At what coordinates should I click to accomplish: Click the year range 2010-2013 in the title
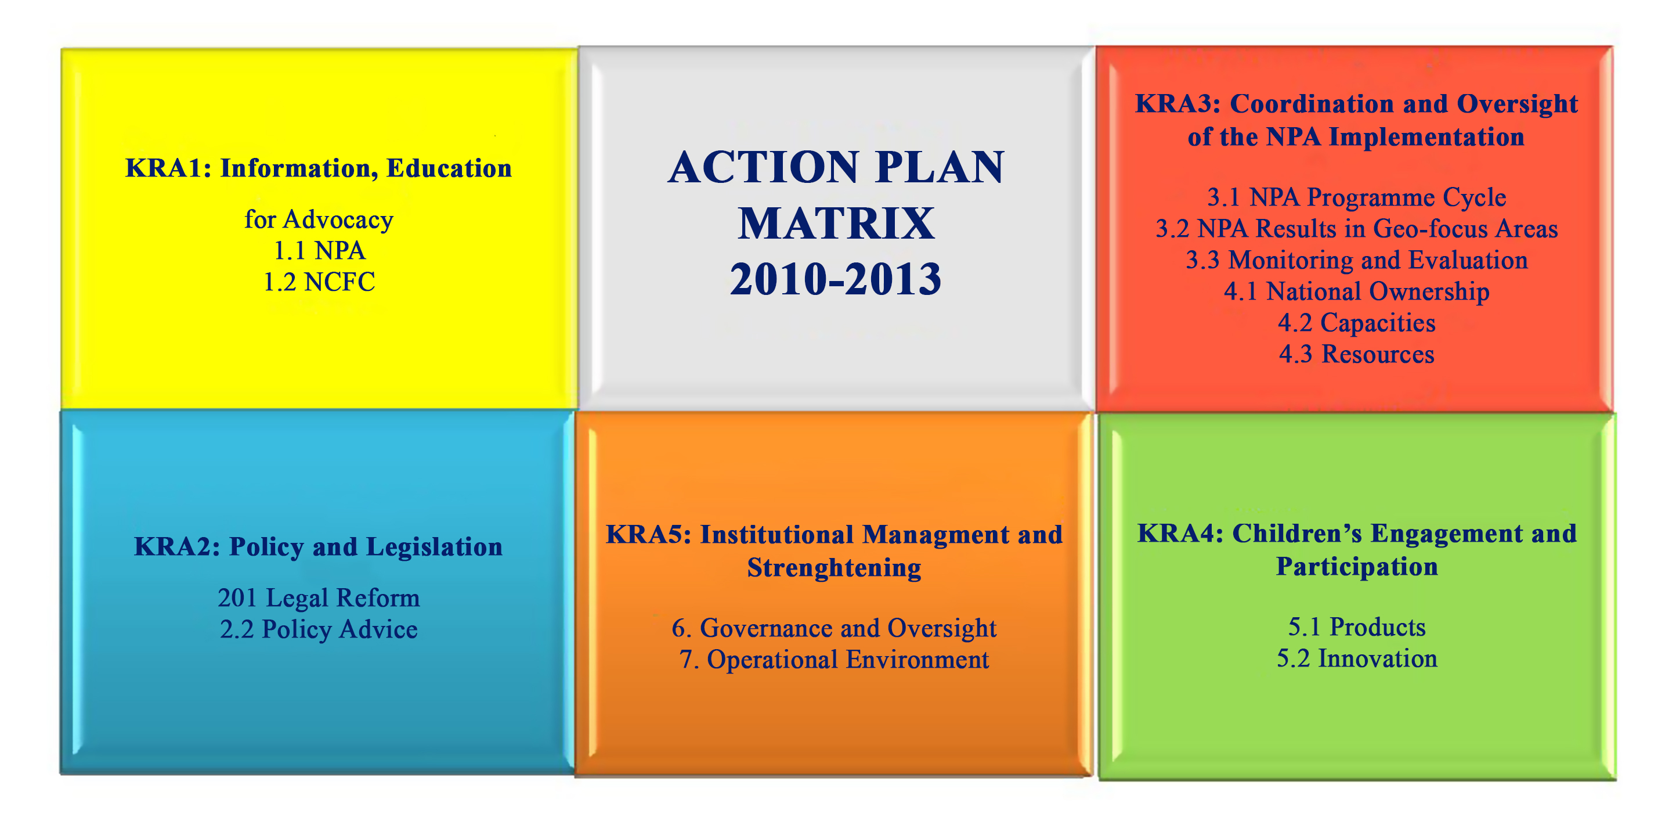pyautogui.click(x=836, y=279)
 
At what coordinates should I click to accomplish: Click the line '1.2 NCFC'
pyautogui.click(x=319, y=282)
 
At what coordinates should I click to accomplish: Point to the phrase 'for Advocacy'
pyautogui.click(x=319, y=220)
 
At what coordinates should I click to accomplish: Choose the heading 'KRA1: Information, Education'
pyautogui.click(x=319, y=168)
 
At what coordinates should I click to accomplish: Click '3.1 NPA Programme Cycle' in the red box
pyautogui.click(x=1357, y=197)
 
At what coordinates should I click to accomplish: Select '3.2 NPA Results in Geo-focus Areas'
pyautogui.click(x=1357, y=228)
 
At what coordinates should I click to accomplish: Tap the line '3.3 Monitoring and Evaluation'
pyautogui.click(x=1357, y=260)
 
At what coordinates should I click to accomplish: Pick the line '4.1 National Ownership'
pyautogui.click(x=1357, y=291)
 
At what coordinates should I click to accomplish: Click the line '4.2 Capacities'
pyautogui.click(x=1357, y=323)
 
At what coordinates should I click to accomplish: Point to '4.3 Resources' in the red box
pyautogui.click(x=1357, y=354)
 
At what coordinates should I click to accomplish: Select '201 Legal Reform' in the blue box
pyautogui.click(x=319, y=598)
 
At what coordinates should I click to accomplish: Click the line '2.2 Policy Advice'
pyautogui.click(x=319, y=629)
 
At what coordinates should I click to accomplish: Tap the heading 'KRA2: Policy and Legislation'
pyautogui.click(x=318, y=547)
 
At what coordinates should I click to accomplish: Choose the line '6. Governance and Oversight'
pyautogui.click(x=834, y=628)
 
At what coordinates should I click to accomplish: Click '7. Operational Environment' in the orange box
pyautogui.click(x=834, y=660)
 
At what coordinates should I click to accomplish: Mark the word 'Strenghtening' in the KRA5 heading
pyautogui.click(x=834, y=568)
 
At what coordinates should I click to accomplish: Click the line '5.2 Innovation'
pyautogui.click(x=1357, y=658)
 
